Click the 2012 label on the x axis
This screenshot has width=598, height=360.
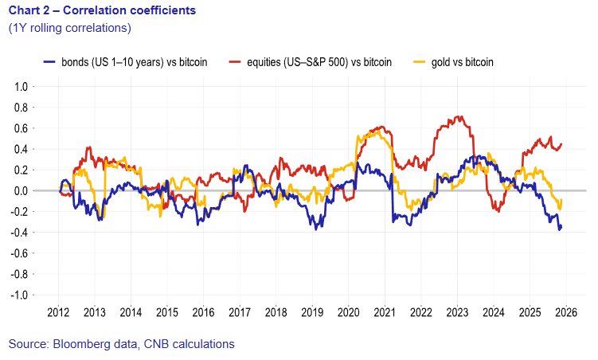59,311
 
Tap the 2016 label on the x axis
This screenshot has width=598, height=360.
203,311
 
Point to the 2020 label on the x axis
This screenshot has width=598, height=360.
348,311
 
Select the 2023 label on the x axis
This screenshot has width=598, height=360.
456,311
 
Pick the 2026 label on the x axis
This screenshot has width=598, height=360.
565,311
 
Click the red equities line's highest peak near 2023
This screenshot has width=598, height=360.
458,117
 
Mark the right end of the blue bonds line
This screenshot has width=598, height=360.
561,227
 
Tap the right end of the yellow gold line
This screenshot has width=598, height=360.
561,200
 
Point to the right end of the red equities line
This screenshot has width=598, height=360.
561,144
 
